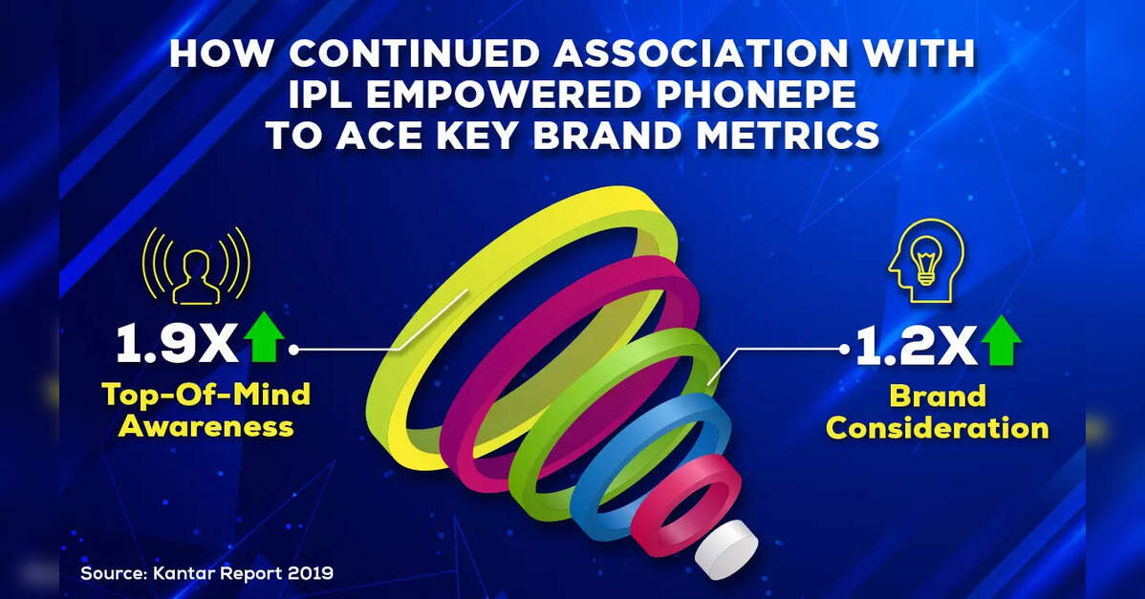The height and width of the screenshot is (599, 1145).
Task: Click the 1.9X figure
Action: coord(178,343)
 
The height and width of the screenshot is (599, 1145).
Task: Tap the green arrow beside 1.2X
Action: coord(1001,341)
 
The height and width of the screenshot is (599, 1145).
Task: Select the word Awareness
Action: coord(205,426)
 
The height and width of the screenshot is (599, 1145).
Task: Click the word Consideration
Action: coord(937,428)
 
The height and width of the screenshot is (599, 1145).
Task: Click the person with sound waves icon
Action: coord(197,265)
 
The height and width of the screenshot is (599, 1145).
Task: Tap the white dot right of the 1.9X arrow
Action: coord(293,350)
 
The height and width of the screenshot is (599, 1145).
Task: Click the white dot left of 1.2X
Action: coord(845,350)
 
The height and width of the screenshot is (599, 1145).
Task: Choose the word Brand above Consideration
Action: coord(937,396)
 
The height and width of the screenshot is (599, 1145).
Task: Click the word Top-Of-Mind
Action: coord(206,394)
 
